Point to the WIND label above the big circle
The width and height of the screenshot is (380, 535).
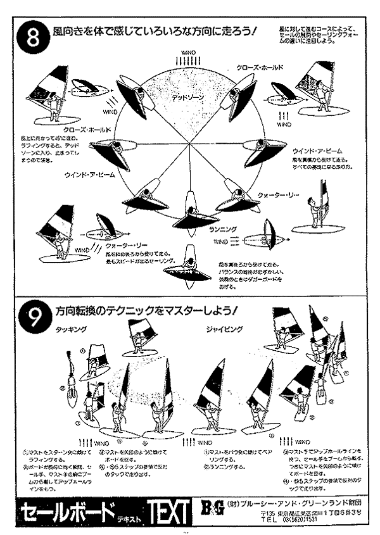[187, 52]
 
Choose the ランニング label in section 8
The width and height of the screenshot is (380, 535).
[222, 229]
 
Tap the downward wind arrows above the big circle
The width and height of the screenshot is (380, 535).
[187, 60]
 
